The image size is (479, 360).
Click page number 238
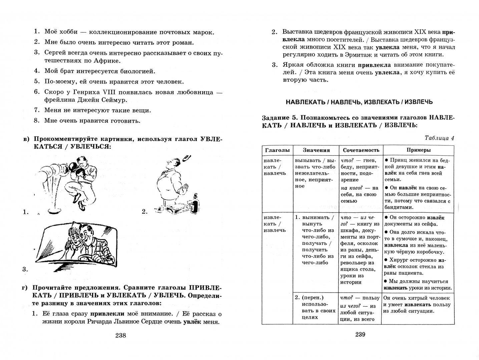pos(120,335)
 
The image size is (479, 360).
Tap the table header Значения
pos(316,150)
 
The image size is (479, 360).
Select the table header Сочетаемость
pos(361,150)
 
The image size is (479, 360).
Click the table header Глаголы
pos(277,150)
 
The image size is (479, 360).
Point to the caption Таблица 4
pos(439,138)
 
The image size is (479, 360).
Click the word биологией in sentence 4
pos(138,71)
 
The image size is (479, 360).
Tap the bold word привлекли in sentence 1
pos(107,314)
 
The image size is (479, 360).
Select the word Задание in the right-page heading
pos(275,118)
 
